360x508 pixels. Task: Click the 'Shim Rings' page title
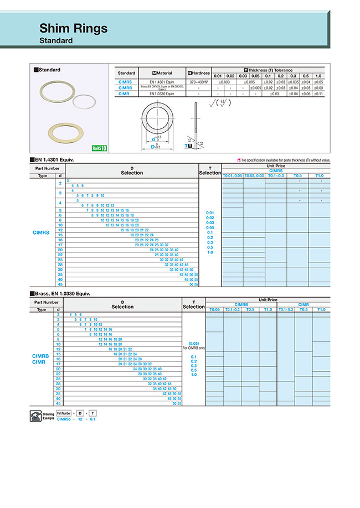74,28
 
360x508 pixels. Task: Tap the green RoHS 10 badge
99,148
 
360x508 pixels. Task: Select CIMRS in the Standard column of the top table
126,82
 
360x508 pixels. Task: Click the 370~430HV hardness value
199,82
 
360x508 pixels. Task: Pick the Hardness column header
199,73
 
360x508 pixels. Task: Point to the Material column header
162,73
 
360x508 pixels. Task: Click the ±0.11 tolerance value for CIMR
318,94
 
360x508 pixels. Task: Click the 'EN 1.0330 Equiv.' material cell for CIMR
162,94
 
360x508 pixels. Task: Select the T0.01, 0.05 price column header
232,175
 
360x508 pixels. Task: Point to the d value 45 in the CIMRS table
60,284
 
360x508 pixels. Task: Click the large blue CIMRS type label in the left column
42,233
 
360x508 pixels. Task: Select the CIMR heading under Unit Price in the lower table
304,305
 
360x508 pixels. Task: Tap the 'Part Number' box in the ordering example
64,413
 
